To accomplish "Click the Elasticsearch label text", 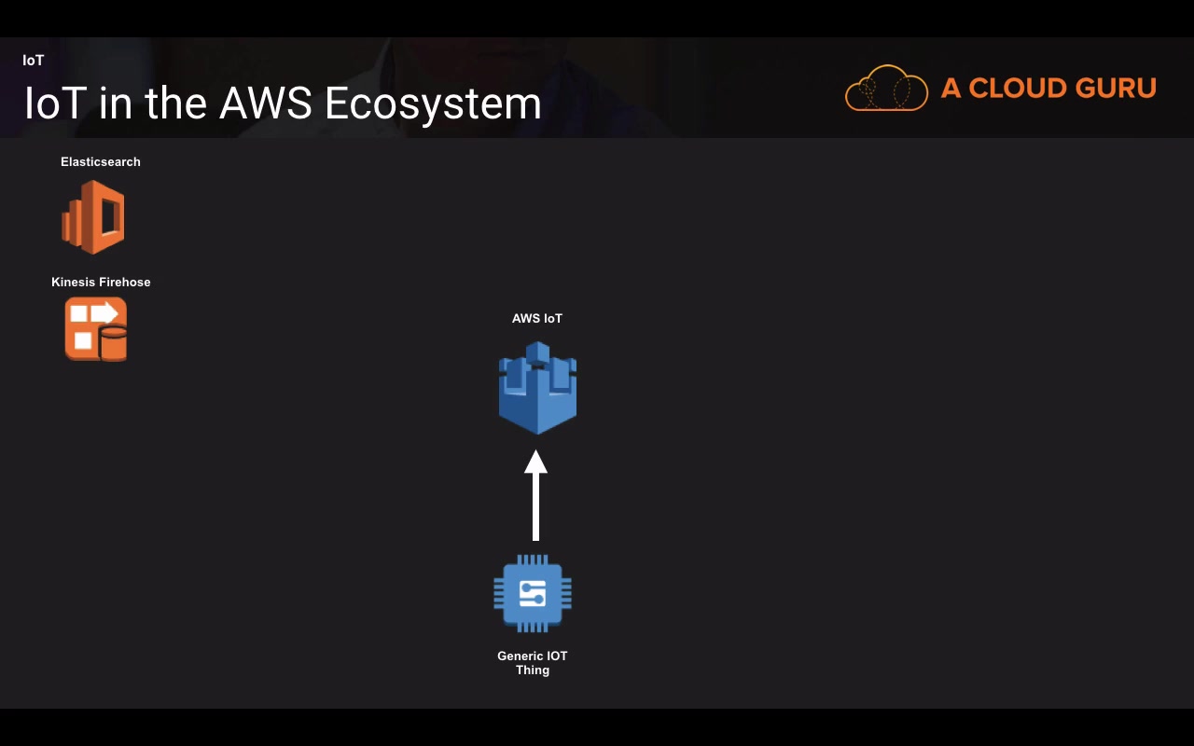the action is tap(100, 162).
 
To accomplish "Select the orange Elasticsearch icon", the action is tap(93, 217).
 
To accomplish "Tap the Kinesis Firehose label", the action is tap(101, 283).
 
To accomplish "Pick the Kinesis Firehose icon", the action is tap(96, 329).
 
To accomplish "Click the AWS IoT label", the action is tap(536, 319).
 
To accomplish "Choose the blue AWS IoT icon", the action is tap(537, 388).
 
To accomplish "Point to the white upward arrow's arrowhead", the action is tap(535, 462).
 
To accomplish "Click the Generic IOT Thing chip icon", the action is tap(533, 593).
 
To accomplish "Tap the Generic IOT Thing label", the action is tap(533, 663).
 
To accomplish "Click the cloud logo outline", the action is tap(886, 88).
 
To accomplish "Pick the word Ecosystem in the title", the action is tap(433, 104).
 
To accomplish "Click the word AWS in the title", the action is tap(266, 103).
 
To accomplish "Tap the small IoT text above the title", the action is tap(33, 61).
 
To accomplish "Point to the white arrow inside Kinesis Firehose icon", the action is tap(104, 312).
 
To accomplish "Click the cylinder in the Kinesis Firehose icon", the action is tap(113, 343).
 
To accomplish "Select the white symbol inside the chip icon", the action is tap(533, 594).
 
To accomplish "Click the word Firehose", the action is tap(125, 283).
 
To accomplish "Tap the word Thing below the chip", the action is tap(533, 670).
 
